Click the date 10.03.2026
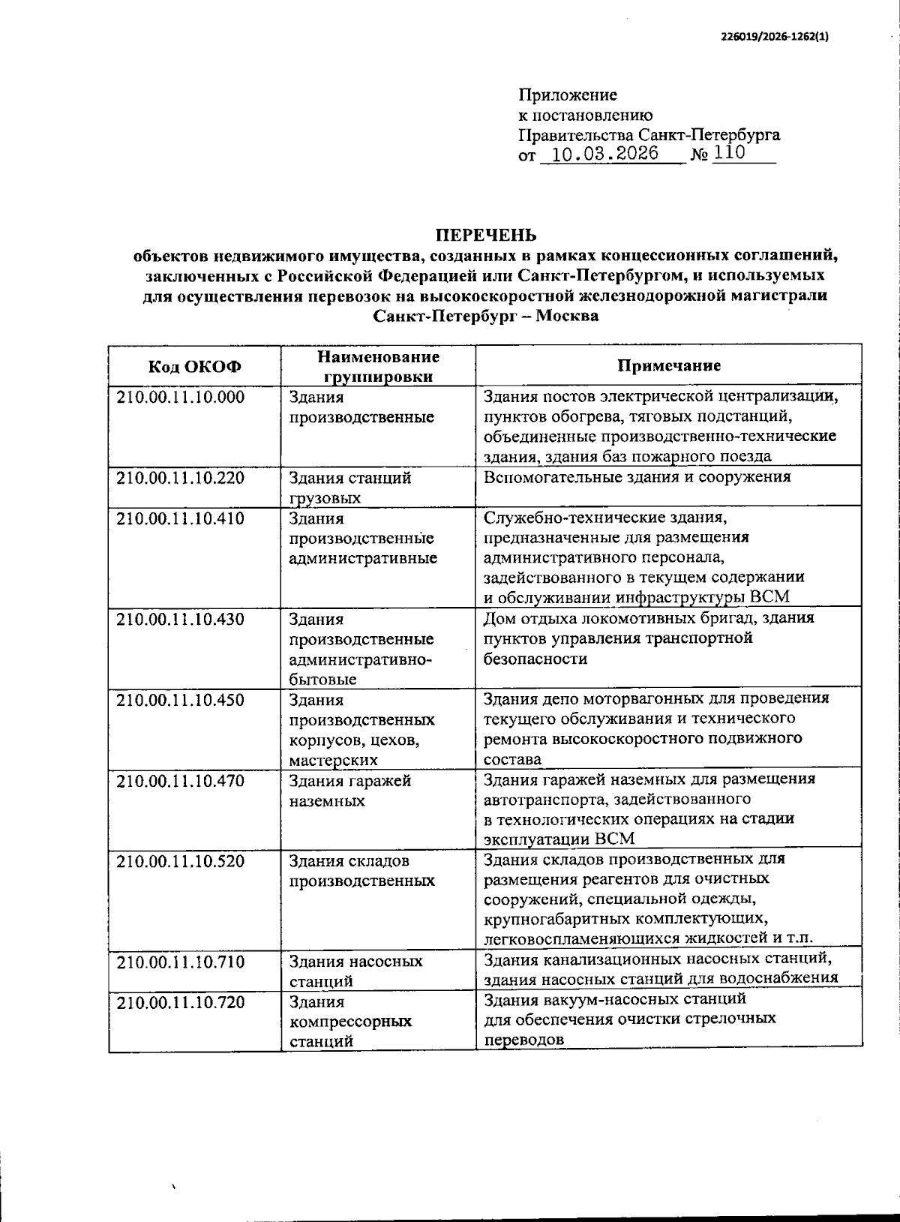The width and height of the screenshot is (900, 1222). coord(604,155)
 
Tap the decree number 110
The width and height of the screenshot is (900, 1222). coord(729,154)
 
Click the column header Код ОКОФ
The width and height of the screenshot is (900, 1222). coord(194,366)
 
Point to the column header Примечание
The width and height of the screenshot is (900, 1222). coord(668,365)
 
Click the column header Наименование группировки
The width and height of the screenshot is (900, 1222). coord(377,366)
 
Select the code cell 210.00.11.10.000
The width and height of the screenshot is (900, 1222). coord(181,398)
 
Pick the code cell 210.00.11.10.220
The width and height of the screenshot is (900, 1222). coord(181,478)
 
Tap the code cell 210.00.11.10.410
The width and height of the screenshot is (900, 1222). coord(181,518)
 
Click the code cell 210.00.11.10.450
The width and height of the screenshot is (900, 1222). coord(181,700)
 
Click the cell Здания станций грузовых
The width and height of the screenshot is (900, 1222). coord(350,488)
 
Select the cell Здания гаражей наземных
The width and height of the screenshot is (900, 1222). coord(350,791)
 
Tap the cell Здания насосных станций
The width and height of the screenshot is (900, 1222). coord(355,971)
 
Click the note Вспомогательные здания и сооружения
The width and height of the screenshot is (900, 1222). coord(637,477)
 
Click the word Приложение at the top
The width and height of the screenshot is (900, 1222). coord(567,95)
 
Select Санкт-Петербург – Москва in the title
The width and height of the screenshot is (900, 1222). coord(485,316)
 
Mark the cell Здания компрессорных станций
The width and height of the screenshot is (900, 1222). coord(350,1021)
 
